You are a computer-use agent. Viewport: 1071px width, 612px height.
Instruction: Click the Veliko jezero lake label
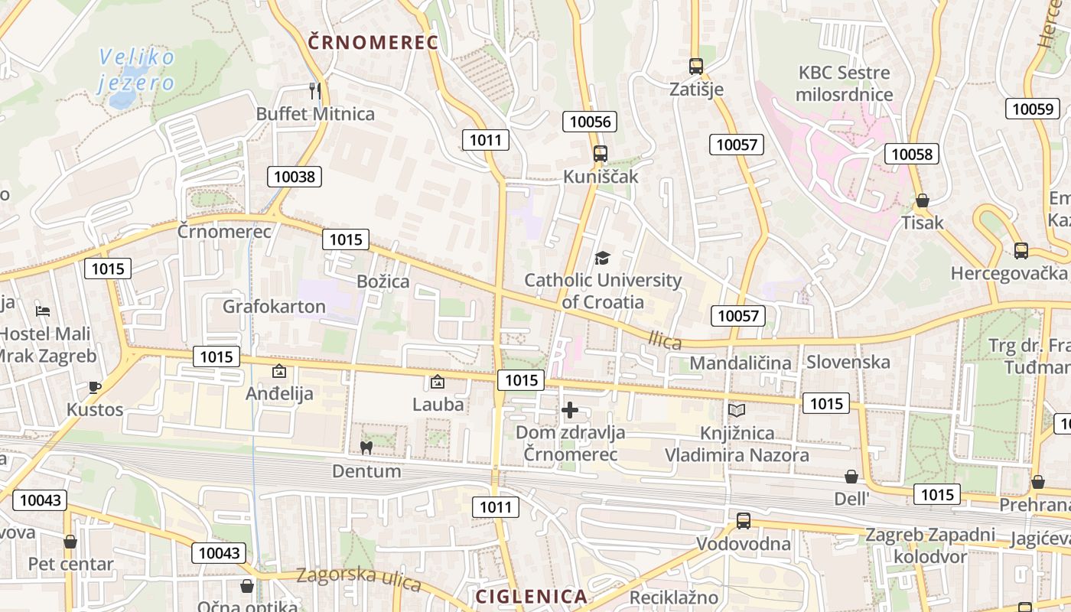tap(137, 70)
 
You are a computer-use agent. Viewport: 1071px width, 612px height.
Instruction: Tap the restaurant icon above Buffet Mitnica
tap(315, 91)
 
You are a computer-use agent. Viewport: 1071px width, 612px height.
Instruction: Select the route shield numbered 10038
tap(295, 177)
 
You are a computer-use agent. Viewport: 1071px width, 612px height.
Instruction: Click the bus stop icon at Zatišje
tap(695, 67)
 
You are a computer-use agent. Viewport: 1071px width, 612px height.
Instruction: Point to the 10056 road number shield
tap(590, 121)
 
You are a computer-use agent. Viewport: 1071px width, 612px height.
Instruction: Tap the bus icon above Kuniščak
tap(601, 154)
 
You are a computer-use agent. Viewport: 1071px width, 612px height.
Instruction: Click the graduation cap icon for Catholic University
tap(603, 258)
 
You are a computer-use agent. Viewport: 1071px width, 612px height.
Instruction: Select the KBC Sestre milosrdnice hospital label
tap(845, 84)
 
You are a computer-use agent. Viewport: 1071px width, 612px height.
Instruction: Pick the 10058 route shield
tap(912, 154)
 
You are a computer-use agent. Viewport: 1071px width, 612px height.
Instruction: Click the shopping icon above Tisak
tap(923, 201)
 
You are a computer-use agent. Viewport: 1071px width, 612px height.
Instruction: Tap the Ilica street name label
tap(664, 339)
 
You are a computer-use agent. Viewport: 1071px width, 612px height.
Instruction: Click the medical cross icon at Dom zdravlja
tap(570, 410)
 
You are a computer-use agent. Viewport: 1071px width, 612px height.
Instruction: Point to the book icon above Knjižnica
tap(736, 411)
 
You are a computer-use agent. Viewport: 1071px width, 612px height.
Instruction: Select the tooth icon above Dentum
tap(366, 448)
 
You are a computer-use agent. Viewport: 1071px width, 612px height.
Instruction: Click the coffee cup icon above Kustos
tap(95, 387)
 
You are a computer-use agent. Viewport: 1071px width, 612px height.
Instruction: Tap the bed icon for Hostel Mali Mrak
tap(43, 311)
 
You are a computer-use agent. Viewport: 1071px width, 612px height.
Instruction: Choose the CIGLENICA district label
tap(531, 596)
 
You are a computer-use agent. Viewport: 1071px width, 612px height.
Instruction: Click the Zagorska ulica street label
tap(359, 579)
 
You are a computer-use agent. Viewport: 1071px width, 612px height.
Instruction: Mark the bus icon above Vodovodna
tap(743, 521)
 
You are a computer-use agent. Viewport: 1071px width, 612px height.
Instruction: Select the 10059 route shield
tap(1033, 109)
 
